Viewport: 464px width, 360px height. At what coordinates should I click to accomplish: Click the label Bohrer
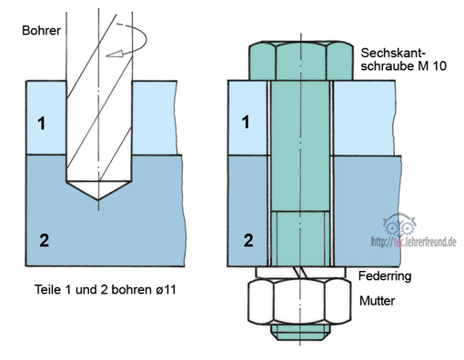[x=41, y=31]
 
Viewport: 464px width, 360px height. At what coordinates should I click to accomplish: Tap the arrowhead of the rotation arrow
[x=115, y=54]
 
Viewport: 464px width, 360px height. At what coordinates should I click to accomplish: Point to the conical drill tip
[x=99, y=190]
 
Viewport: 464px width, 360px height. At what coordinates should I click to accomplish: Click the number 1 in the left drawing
[x=42, y=124]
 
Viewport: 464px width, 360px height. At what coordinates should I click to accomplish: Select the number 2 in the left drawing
[x=44, y=240]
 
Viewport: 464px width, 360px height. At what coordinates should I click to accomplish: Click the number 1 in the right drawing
[x=246, y=122]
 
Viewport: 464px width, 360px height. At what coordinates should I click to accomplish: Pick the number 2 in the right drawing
[x=248, y=240]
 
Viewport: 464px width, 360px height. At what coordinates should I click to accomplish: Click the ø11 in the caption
[x=166, y=290]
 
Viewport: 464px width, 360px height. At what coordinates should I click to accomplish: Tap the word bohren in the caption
[x=131, y=289]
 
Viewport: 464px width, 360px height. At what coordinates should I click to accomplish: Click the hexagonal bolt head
[x=301, y=61]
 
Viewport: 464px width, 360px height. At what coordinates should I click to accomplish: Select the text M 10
[x=432, y=66]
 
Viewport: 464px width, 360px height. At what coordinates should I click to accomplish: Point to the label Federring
[x=385, y=276]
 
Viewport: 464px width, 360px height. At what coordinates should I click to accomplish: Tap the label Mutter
[x=377, y=301]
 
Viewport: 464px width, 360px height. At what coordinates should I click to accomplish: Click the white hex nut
[x=299, y=302]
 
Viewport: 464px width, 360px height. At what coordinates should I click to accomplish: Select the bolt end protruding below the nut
[x=300, y=333]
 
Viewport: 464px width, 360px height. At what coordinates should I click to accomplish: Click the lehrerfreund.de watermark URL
[x=414, y=242]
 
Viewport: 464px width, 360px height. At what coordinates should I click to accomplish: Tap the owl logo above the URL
[x=399, y=225]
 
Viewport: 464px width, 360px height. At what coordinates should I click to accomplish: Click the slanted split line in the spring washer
[x=300, y=273]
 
